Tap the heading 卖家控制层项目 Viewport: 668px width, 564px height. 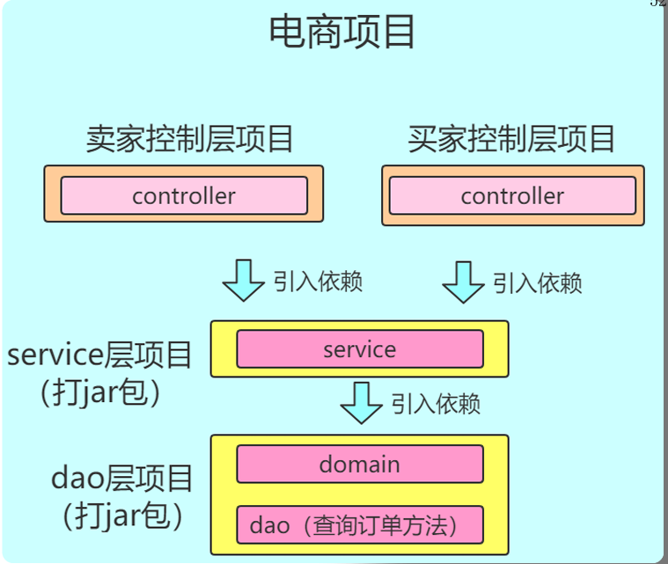coord(189,139)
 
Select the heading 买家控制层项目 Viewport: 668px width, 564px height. coord(511,139)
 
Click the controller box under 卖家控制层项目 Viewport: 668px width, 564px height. coord(184,195)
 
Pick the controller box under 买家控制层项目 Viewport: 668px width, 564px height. coord(512,195)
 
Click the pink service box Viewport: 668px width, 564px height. coord(359,349)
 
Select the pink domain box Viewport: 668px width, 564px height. coord(359,464)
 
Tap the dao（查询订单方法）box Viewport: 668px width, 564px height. coord(359,525)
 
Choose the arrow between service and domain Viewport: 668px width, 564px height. coord(361,403)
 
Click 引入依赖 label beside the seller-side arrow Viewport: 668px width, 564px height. coord(318,282)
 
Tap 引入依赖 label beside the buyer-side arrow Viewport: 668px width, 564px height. coord(537,282)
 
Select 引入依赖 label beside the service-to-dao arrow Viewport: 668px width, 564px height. coord(436,404)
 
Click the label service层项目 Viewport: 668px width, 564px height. coord(99,355)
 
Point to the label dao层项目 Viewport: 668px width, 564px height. coord(121,479)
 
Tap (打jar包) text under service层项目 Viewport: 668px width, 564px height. coord(99,392)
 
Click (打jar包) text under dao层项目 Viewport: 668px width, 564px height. coord(121,515)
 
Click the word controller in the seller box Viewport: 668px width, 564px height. coord(184,195)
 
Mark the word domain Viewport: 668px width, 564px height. coord(359,464)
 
